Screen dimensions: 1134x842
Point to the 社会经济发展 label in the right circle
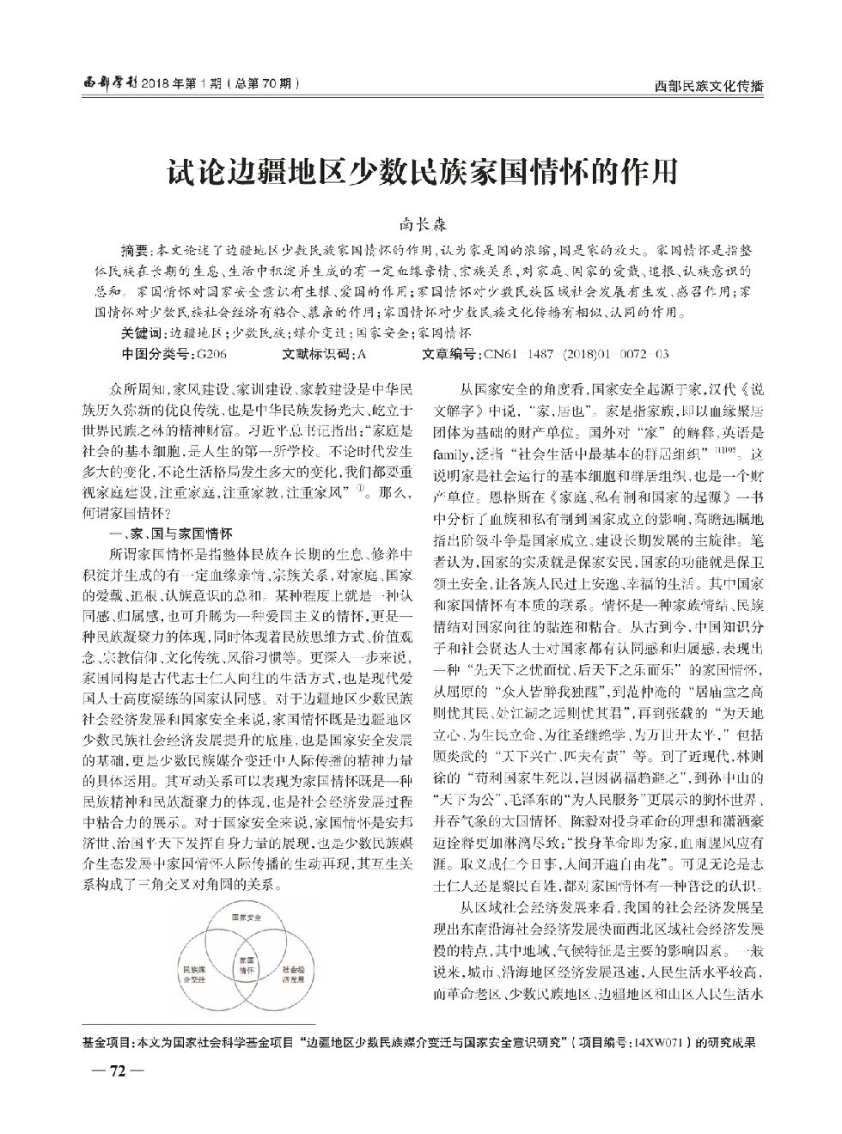click(x=292, y=973)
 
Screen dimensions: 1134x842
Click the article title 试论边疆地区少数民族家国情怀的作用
click(x=421, y=172)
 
